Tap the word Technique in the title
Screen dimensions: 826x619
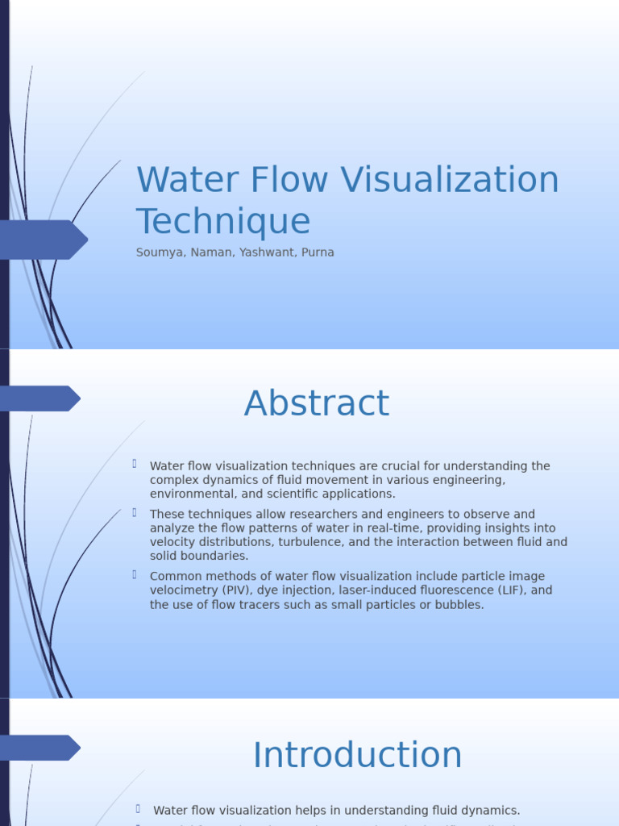click(x=223, y=222)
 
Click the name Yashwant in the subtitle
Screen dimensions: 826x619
click(x=267, y=252)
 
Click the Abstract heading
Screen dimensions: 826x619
click(x=317, y=403)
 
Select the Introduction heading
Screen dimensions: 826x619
click(x=357, y=755)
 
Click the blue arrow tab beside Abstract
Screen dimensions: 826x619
click(x=39, y=398)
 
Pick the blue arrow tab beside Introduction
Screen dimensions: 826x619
click(x=39, y=748)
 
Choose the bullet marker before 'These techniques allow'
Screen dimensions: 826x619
click(x=135, y=513)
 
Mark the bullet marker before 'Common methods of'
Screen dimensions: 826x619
click(x=135, y=575)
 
